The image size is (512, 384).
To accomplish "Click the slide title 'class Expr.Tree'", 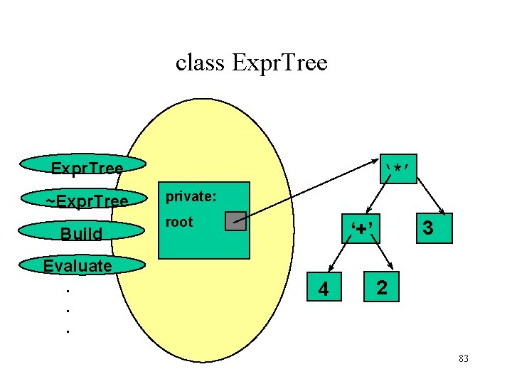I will coord(251,63).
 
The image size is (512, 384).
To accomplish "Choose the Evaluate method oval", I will coord(78,266).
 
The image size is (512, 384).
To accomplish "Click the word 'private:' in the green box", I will coord(186,196).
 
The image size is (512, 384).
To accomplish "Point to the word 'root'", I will coord(178,222).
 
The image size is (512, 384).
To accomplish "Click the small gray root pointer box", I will coord(235,221).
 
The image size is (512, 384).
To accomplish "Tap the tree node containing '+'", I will coord(362,228).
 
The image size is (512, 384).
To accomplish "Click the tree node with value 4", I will coord(324,288).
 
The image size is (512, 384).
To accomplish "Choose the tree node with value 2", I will coord(382,287).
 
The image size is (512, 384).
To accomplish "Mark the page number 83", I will coord(464,359).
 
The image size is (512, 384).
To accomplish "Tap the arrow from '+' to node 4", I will coord(340,258).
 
